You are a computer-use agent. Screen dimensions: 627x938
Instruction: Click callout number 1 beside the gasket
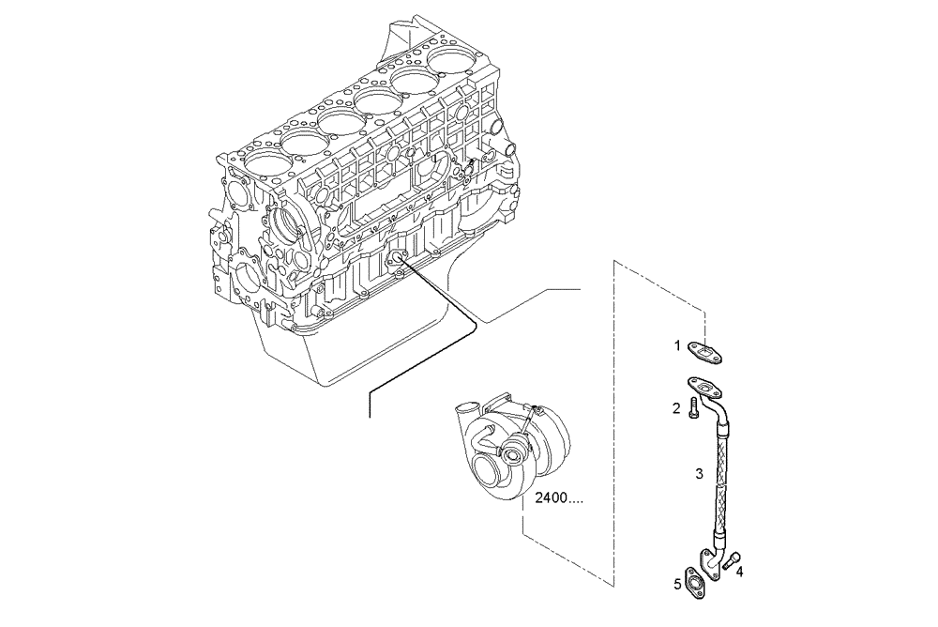coord(675,345)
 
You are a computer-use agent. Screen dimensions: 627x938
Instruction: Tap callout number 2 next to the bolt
coord(675,407)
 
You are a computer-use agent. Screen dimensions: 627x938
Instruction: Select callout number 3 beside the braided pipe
coord(699,474)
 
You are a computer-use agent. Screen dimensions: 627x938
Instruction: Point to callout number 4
coord(740,570)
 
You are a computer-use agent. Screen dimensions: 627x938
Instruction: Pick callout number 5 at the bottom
coord(676,584)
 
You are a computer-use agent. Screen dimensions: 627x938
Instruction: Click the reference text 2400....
coord(557,498)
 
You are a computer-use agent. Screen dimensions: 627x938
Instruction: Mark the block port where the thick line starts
coord(398,262)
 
